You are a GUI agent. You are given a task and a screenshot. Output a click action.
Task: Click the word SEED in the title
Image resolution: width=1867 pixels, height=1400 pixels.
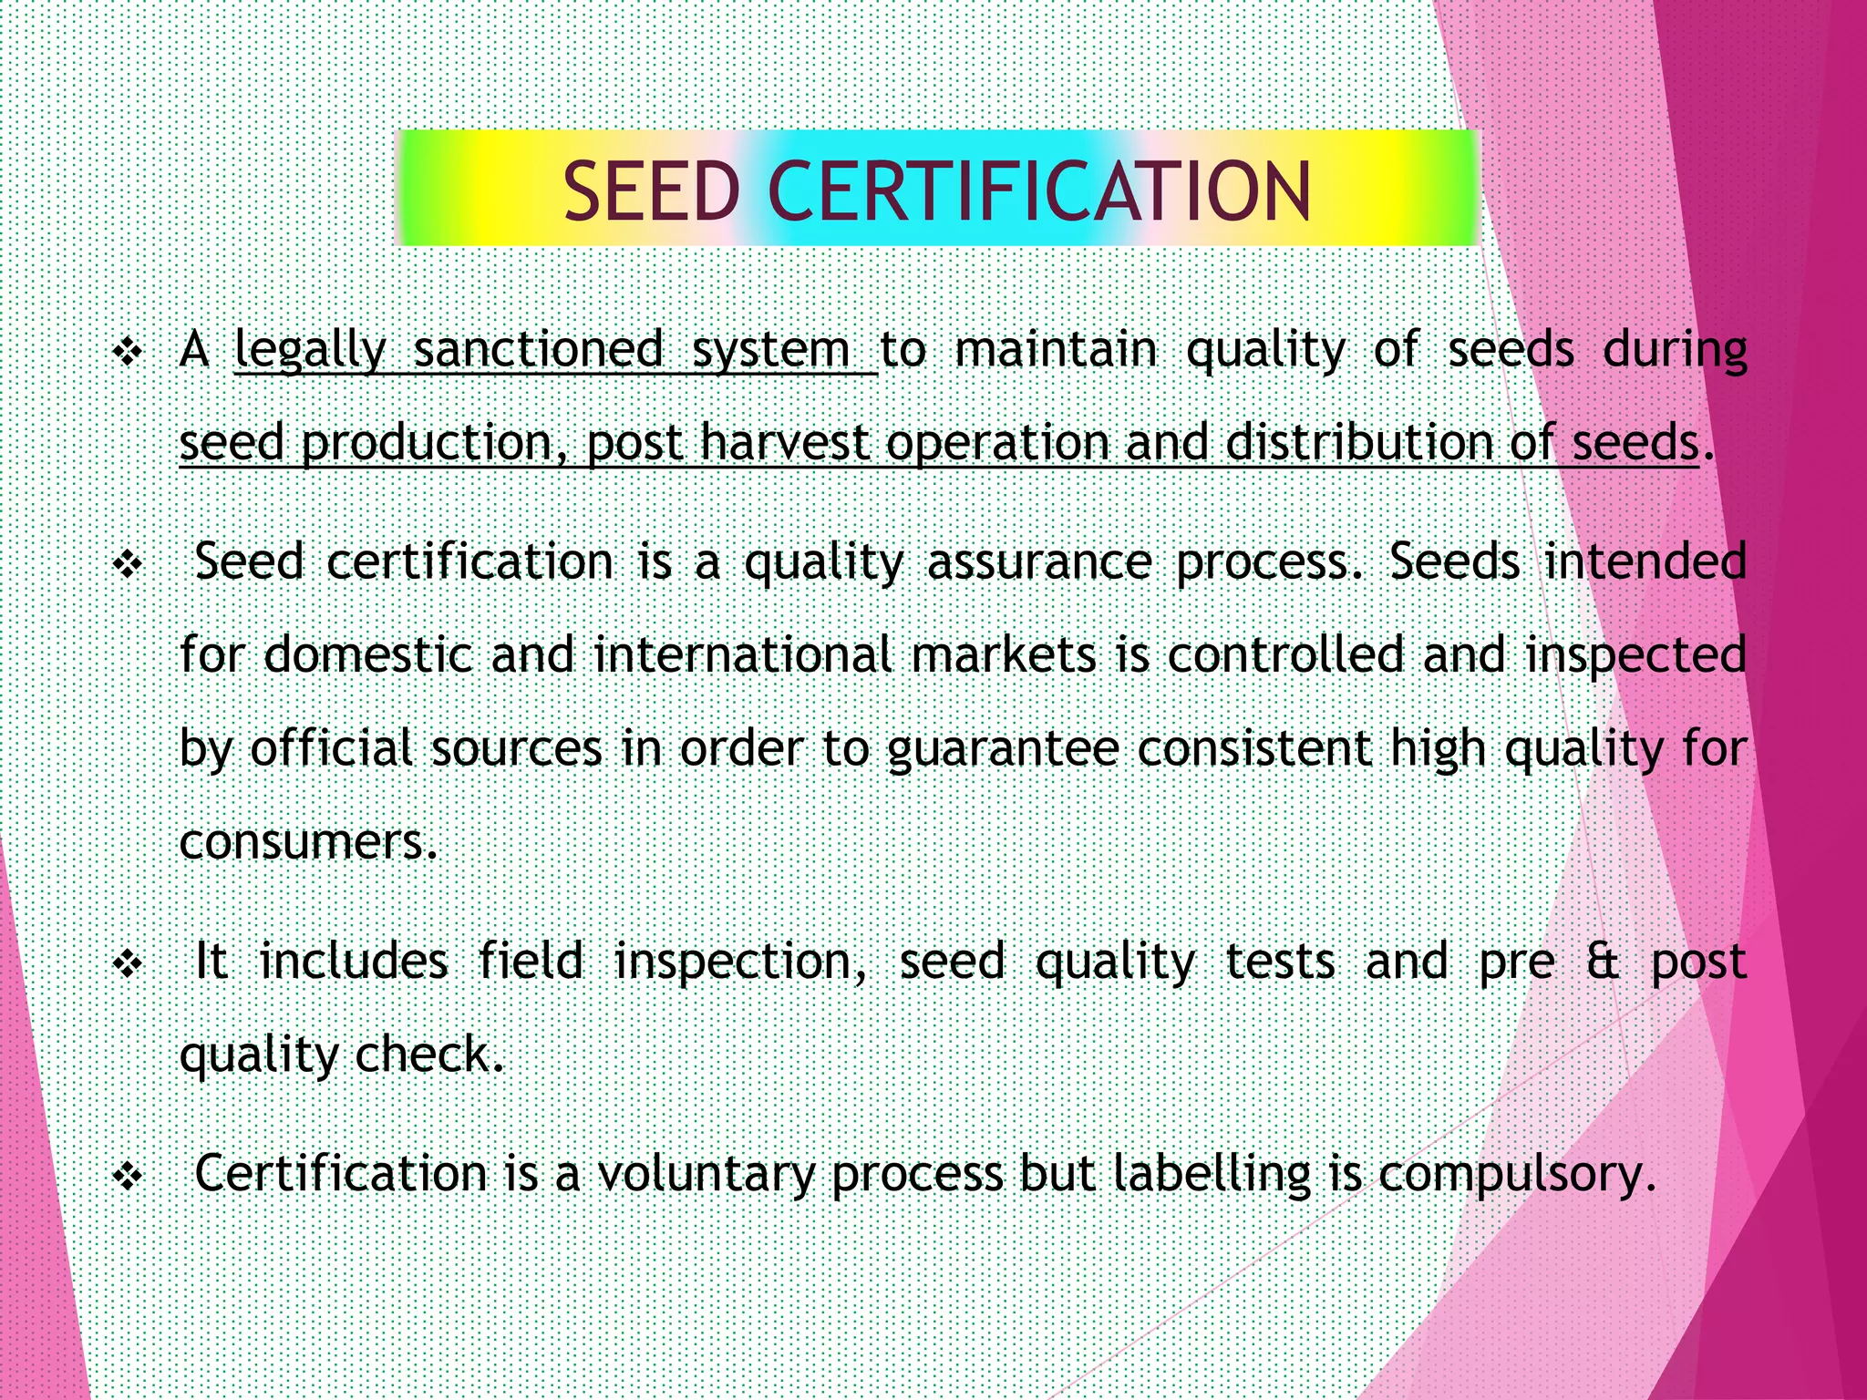pyautogui.click(x=651, y=191)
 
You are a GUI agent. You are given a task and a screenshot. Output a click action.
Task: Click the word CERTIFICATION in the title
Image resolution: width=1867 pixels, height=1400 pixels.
pyautogui.click(x=1039, y=191)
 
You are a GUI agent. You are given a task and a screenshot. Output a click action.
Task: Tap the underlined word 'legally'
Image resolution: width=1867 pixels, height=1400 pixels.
pyautogui.click(x=311, y=350)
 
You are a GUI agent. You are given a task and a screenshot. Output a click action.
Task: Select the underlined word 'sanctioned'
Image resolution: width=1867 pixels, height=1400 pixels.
pyautogui.click(x=539, y=350)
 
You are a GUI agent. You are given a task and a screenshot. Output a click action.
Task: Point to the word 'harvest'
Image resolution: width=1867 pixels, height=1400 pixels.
pyautogui.click(x=785, y=443)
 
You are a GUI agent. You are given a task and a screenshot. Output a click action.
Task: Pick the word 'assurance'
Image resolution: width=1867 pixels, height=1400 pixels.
pyautogui.click(x=1039, y=561)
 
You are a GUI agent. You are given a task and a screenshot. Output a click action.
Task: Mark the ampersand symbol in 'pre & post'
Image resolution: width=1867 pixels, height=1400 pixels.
pyautogui.click(x=1603, y=962)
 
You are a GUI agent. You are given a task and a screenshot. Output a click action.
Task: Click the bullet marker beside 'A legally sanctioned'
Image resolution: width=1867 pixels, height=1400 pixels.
pyautogui.click(x=128, y=352)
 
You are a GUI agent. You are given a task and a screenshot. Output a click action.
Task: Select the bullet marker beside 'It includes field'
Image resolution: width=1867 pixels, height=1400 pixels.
pyautogui.click(x=128, y=963)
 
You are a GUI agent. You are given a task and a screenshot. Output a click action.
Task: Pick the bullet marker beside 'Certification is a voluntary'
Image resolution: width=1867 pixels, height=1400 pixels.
pyautogui.click(x=128, y=1176)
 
